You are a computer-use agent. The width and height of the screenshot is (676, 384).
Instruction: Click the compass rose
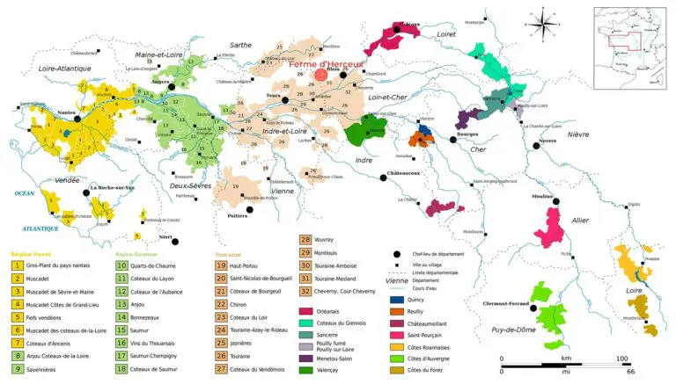540,20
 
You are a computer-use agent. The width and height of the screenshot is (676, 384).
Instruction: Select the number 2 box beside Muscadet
18,277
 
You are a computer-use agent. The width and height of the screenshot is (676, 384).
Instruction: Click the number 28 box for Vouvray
306,239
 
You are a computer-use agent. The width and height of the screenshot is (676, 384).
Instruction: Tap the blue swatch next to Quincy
396,299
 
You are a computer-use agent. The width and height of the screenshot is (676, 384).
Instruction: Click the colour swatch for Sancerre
306,334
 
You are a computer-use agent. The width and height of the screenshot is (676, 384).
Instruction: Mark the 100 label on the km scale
621,359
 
